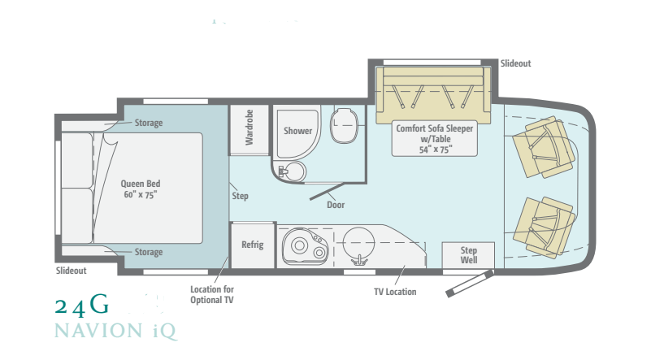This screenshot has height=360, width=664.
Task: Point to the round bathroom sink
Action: pyautogui.click(x=293, y=171)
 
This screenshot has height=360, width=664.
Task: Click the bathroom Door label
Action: pyautogui.click(x=336, y=205)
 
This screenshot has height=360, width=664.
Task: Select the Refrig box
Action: pyautogui.click(x=252, y=245)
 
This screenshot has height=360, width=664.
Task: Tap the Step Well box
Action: pyautogui.click(x=469, y=255)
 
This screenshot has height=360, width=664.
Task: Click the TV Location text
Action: pyautogui.click(x=395, y=292)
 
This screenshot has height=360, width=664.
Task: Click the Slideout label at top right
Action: pyautogui.click(x=515, y=63)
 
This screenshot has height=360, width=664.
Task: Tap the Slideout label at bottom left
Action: pyautogui.click(x=71, y=271)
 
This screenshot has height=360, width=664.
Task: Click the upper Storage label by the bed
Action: pyautogui.click(x=148, y=124)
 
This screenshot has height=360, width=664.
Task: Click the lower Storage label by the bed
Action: pyautogui.click(x=148, y=252)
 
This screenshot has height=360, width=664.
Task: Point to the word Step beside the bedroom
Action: pyautogui.click(x=240, y=196)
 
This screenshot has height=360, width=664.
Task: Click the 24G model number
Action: pyautogui.click(x=81, y=306)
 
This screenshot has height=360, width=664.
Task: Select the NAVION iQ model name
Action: pyautogui.click(x=115, y=332)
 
